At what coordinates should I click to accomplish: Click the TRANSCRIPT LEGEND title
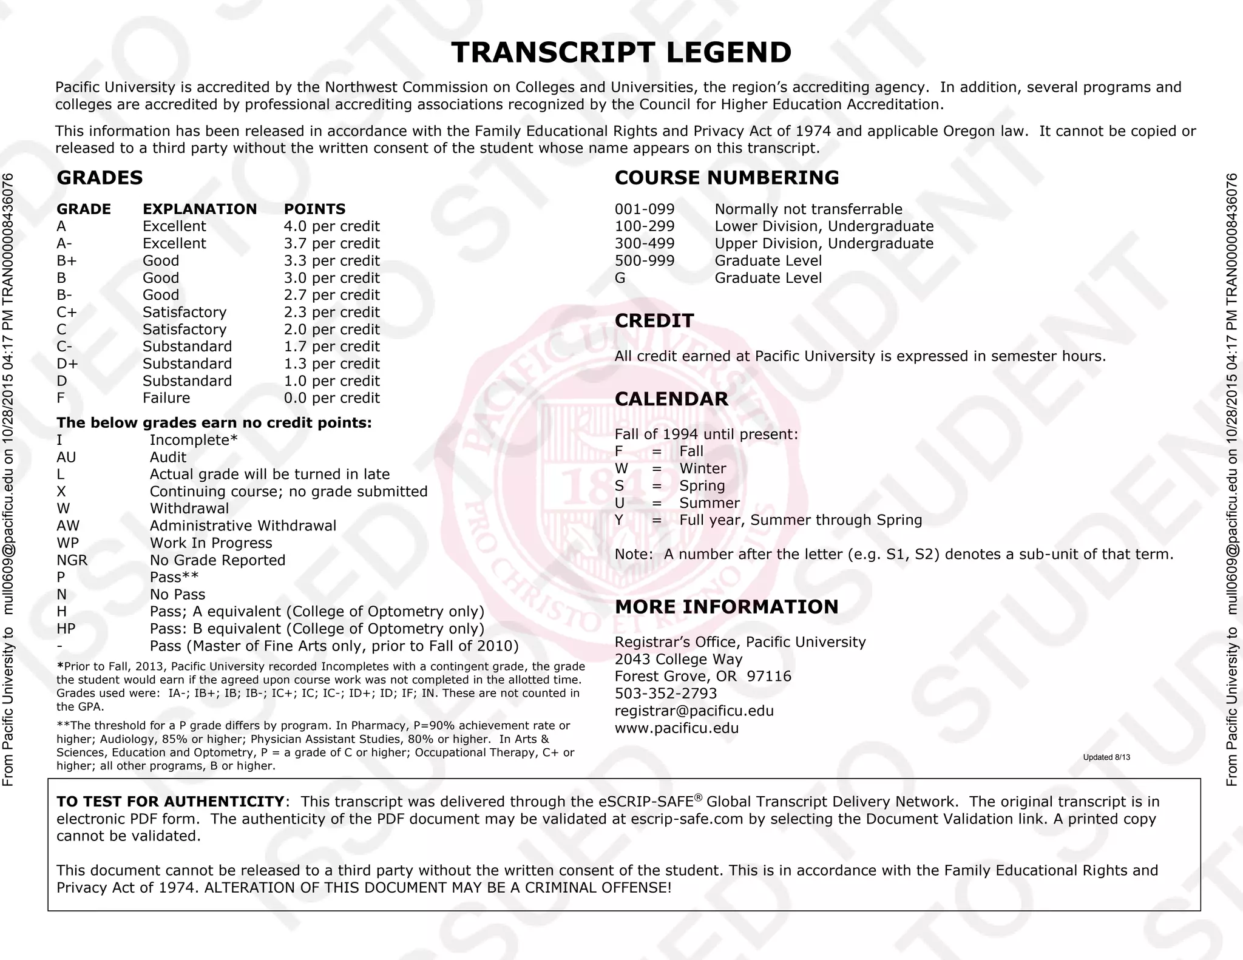pyautogui.click(x=621, y=53)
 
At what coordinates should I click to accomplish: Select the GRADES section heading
pyautogui.click(x=100, y=178)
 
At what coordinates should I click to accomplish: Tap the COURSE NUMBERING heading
pyautogui.click(x=726, y=178)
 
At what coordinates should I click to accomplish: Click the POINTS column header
pyautogui.click(x=314, y=209)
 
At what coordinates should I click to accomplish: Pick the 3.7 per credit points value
pyautogui.click(x=331, y=244)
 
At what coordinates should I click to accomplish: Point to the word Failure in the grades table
pyautogui.click(x=166, y=399)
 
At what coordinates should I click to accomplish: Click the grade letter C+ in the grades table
pyautogui.click(x=67, y=313)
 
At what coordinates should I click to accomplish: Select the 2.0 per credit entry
pyautogui.click(x=331, y=330)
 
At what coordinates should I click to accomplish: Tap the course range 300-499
pyautogui.click(x=644, y=244)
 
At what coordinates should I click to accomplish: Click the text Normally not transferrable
pyautogui.click(x=808, y=209)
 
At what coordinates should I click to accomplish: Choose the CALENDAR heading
pyautogui.click(x=671, y=399)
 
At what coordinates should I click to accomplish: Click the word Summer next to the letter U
pyautogui.click(x=709, y=503)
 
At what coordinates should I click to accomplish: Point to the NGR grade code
pyautogui.click(x=72, y=561)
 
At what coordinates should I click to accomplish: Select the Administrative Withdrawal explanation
pyautogui.click(x=243, y=526)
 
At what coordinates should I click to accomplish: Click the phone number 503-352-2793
pyautogui.click(x=665, y=694)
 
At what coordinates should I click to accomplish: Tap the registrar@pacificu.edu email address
pyautogui.click(x=694, y=711)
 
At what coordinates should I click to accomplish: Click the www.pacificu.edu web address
pyautogui.click(x=676, y=728)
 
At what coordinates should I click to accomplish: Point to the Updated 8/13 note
pyautogui.click(x=1106, y=757)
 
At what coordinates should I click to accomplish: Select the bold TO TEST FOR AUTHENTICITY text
pyautogui.click(x=170, y=802)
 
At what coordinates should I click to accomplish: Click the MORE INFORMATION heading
pyautogui.click(x=726, y=607)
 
